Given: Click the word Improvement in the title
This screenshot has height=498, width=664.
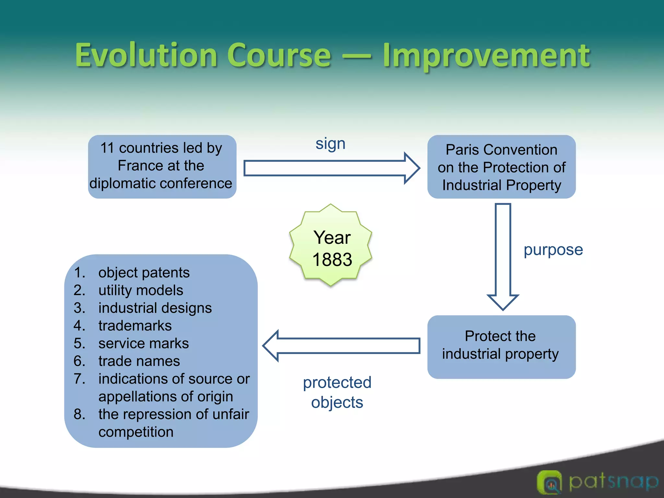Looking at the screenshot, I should (x=486, y=56).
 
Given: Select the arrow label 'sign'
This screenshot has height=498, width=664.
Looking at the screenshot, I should (x=330, y=143).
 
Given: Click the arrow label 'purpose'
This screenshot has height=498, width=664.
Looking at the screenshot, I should (x=553, y=250).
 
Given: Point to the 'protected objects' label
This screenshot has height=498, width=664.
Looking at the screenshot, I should (x=337, y=392).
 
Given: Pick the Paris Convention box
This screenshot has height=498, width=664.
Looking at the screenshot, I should (x=501, y=167).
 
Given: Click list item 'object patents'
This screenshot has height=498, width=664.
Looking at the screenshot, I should (x=144, y=273).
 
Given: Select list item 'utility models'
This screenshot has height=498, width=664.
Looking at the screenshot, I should (x=141, y=290).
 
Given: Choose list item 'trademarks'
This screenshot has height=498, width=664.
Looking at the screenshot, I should (x=135, y=326).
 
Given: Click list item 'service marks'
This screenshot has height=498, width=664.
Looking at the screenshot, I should (x=143, y=343).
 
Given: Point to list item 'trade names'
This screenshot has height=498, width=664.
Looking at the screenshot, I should (x=139, y=361).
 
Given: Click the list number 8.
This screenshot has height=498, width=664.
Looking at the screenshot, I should (x=79, y=414).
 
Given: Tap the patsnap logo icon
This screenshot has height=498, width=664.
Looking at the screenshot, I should (x=549, y=482).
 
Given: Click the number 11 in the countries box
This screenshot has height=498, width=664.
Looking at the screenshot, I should (x=107, y=148).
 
